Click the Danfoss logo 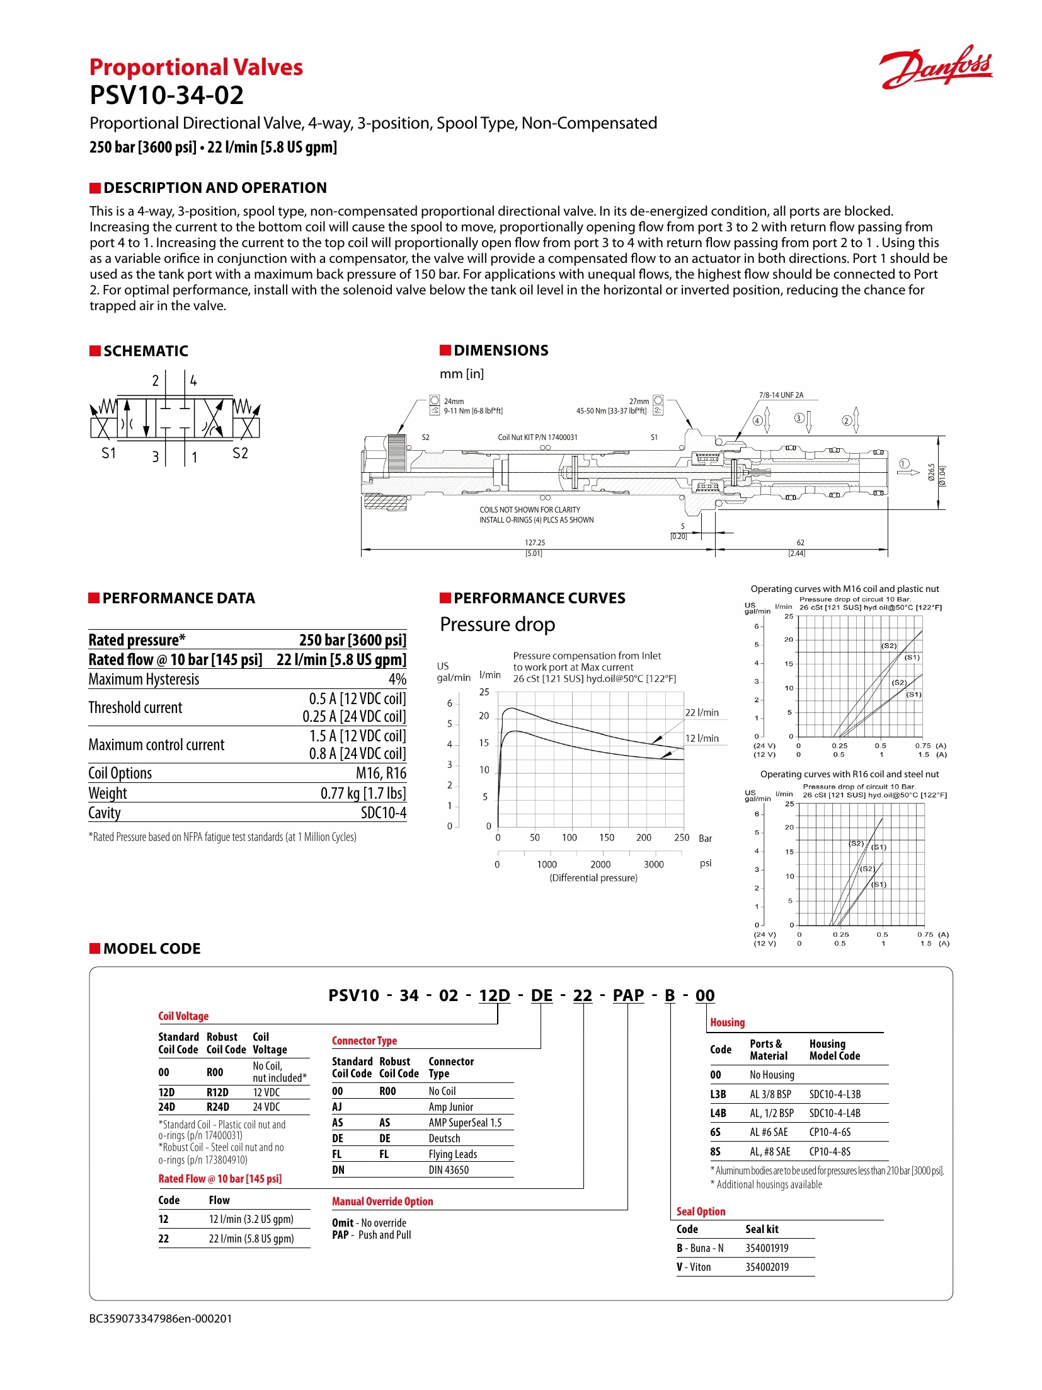(x=936, y=67)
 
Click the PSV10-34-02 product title (x=166, y=95)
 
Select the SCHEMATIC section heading (x=146, y=351)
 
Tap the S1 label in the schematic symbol (x=109, y=453)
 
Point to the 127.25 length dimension (x=535, y=542)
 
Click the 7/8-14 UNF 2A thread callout (x=781, y=395)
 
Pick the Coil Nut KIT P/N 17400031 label (x=537, y=437)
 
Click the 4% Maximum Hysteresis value (x=397, y=679)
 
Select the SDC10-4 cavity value (x=383, y=813)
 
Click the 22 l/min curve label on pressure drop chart (x=702, y=712)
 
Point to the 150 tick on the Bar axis (x=606, y=837)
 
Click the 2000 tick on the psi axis (x=600, y=864)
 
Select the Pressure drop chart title (x=497, y=624)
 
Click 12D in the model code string (x=494, y=995)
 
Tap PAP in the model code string (x=628, y=995)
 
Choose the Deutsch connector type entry (x=444, y=1138)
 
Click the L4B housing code (x=718, y=1113)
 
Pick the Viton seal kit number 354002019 (x=767, y=1267)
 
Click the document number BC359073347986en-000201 (x=161, y=1318)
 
